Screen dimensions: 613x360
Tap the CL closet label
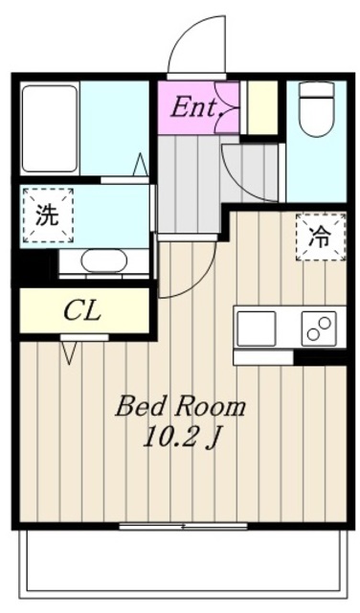(x=83, y=311)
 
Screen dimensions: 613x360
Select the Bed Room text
(x=180, y=406)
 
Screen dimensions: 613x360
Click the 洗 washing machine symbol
(x=46, y=216)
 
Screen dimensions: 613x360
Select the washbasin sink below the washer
(x=103, y=261)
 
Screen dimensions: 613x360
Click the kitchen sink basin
(x=258, y=328)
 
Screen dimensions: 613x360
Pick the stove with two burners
(x=321, y=328)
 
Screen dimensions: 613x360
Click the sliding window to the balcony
(x=169, y=526)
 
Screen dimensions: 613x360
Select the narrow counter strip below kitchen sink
(x=261, y=357)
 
